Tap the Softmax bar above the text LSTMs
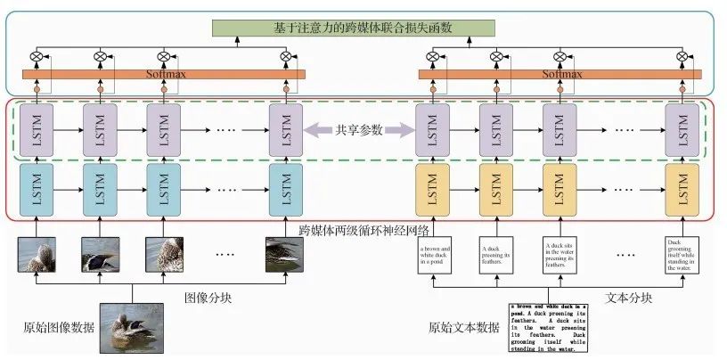[562, 75]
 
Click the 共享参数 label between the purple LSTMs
[359, 130]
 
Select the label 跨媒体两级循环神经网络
[363, 229]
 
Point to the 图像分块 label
[207, 297]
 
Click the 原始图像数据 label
[59, 326]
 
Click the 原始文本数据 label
[463, 327]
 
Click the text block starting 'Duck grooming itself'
[680, 254]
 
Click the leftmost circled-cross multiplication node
[37, 57]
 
